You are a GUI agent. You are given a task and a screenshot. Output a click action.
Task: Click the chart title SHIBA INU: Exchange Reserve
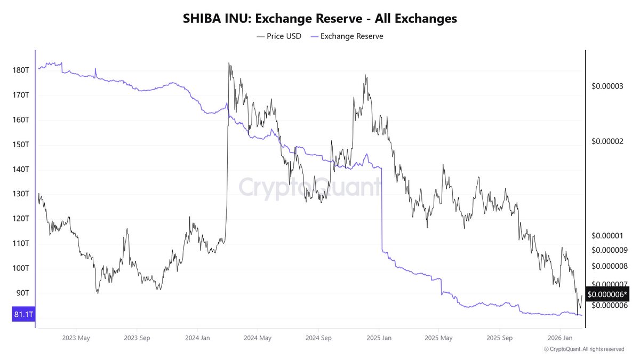point(320,18)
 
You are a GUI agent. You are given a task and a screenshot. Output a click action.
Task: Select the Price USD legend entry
point(279,36)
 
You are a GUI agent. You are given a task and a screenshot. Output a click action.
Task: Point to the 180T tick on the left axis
point(21,70)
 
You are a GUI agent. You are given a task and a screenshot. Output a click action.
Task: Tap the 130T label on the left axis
point(21,194)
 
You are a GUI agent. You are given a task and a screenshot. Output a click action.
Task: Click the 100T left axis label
point(21,268)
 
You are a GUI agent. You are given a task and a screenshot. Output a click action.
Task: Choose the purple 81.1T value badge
point(23,315)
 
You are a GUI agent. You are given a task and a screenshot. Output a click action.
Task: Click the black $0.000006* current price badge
point(607,294)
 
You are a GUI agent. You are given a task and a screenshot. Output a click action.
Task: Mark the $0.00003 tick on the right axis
point(607,85)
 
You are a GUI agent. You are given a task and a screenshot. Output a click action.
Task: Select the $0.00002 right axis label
point(607,141)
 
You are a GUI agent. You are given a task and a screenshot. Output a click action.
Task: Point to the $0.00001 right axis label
point(607,236)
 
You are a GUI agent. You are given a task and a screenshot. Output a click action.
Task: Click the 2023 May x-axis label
point(76,338)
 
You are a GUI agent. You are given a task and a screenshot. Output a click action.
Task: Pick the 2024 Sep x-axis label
point(319,338)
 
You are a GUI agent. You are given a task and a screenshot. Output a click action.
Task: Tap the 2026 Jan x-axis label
point(561,338)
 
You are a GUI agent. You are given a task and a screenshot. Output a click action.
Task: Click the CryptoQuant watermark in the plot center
point(309,188)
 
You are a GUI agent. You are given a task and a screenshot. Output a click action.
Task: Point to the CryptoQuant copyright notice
point(583,349)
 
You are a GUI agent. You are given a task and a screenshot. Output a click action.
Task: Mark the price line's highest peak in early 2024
point(229,63)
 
